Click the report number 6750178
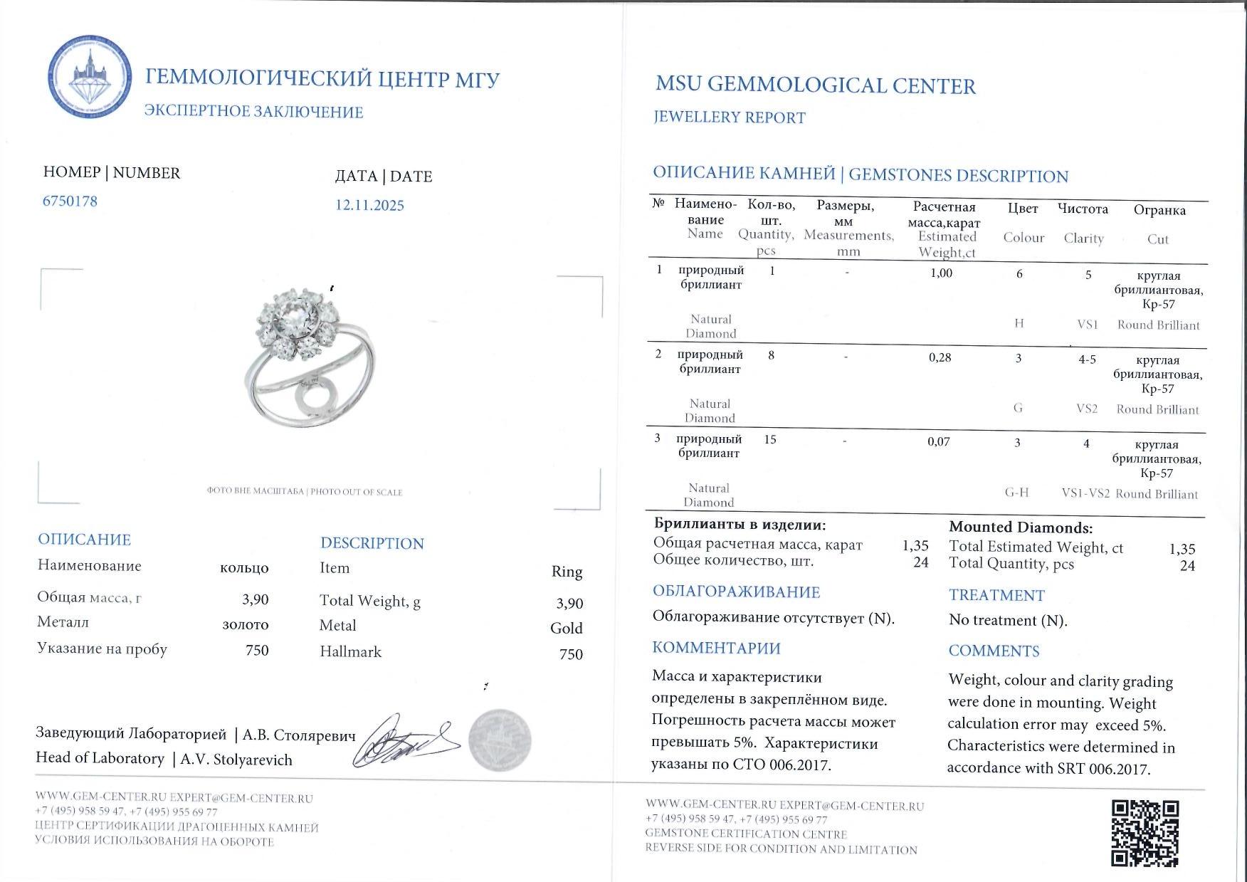(70, 201)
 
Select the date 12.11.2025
(369, 205)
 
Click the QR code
(1145, 833)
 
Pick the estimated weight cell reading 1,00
(941, 273)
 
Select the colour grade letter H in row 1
(1019, 323)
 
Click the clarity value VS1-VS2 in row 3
(1085, 493)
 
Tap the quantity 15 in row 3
(769, 439)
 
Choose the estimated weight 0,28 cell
(940, 357)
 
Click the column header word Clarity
(1083, 238)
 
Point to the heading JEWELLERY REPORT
(730, 117)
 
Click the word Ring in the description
(567, 572)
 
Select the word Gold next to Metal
(566, 628)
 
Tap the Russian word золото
(246, 624)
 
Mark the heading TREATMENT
(996, 595)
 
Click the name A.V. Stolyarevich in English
(236, 760)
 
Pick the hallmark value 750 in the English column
(571, 653)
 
